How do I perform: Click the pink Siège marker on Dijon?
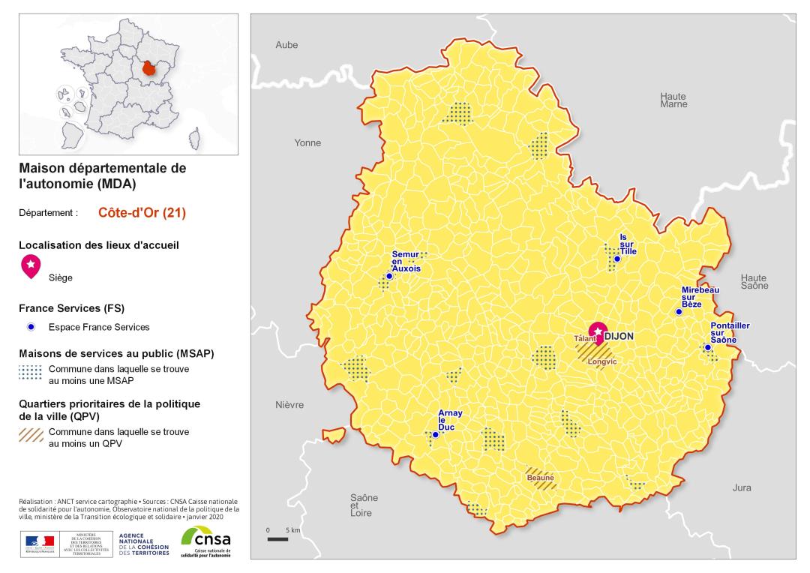coord(598,331)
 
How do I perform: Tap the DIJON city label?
coord(619,337)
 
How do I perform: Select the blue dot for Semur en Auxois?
coord(389,276)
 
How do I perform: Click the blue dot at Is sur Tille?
coord(617,259)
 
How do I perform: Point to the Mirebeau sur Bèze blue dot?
coord(679,312)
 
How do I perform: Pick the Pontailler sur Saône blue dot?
coord(707,347)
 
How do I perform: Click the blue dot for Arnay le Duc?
coord(435,434)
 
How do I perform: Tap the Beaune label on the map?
coord(540,478)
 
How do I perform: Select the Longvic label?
coord(601,362)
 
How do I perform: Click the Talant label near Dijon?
coord(584,339)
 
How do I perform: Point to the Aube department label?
coord(286,45)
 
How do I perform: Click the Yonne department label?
coord(307,142)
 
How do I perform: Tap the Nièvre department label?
coord(289,405)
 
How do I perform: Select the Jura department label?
coord(741,487)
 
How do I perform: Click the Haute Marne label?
coord(673,100)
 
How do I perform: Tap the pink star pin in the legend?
coord(31,265)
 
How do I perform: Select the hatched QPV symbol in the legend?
coord(31,435)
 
